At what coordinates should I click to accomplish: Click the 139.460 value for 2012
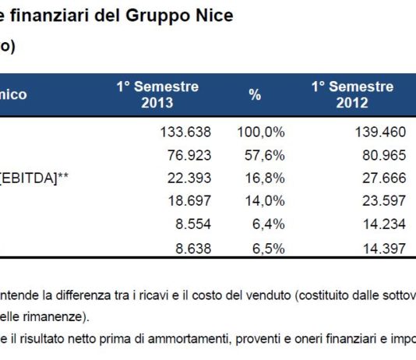379,129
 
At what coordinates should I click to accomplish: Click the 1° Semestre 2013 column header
157,94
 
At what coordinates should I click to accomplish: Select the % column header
255,94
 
